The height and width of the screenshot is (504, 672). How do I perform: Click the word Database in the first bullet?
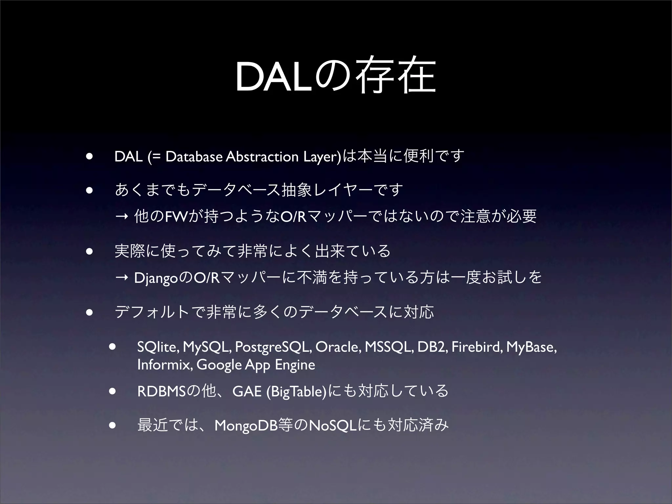click(x=194, y=157)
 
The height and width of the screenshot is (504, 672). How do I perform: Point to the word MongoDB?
click(x=245, y=426)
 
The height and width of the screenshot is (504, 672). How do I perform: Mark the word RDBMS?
click(x=161, y=391)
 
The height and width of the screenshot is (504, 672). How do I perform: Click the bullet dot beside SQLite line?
click(x=113, y=347)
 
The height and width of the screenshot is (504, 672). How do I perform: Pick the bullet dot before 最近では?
click(x=113, y=426)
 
